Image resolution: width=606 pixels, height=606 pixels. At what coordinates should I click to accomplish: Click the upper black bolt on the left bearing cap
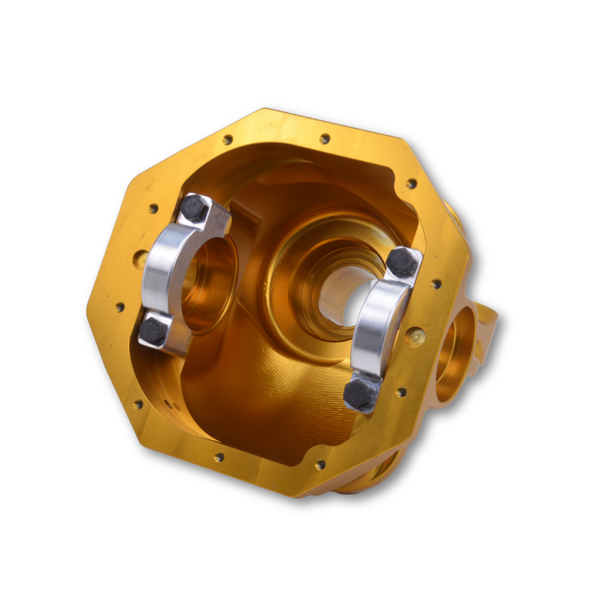tap(195, 209)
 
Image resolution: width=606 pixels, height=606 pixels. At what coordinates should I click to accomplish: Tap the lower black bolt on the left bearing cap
tap(153, 332)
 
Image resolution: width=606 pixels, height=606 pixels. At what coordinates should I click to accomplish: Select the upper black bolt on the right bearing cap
tap(403, 263)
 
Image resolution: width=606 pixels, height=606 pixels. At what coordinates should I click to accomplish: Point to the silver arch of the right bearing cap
tap(374, 326)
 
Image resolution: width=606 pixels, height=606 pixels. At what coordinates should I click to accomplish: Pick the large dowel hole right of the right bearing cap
tap(415, 337)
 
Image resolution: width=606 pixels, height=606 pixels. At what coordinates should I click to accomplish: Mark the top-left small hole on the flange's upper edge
tap(228, 139)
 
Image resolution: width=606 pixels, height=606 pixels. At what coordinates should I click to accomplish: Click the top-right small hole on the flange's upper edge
tap(324, 138)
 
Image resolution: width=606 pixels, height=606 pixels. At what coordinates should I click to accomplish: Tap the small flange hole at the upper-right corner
tap(411, 184)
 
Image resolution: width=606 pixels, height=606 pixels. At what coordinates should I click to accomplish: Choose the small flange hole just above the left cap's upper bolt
tap(153, 209)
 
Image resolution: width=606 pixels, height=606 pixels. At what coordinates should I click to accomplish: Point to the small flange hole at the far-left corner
tap(120, 307)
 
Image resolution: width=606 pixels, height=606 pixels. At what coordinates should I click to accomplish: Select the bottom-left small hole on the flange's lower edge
tap(219, 457)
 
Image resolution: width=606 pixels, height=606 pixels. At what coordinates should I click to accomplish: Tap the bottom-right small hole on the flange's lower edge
tap(320, 465)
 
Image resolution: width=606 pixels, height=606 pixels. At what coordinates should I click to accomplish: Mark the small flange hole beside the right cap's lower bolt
tap(401, 392)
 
